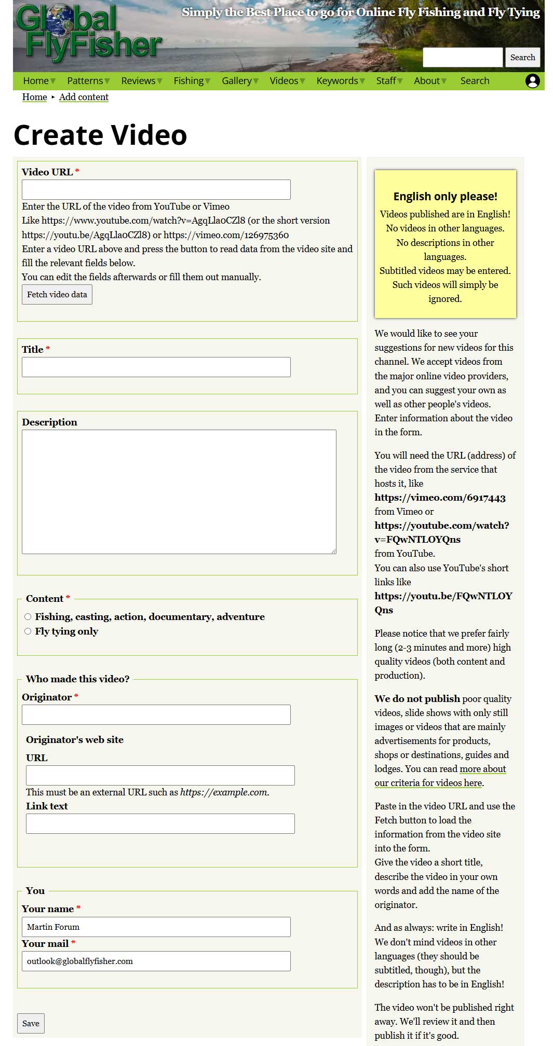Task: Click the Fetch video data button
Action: [57, 295]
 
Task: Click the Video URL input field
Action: [156, 190]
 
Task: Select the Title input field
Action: [156, 367]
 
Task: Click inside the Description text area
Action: [179, 492]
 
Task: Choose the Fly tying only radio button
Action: [28, 631]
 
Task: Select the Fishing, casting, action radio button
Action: [28, 617]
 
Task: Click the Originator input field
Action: [156, 715]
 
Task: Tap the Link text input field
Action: [160, 824]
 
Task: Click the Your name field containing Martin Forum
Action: [156, 927]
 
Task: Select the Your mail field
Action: [156, 961]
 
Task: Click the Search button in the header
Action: [522, 58]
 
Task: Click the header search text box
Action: [462, 58]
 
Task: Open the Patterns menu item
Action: [85, 81]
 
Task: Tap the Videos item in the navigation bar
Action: [284, 81]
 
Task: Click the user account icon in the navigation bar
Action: [533, 81]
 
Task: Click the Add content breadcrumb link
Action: [84, 97]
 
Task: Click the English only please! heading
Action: [445, 197]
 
